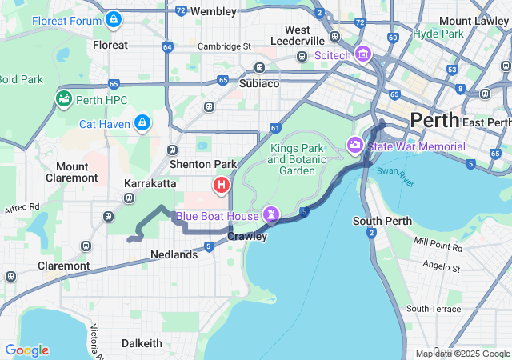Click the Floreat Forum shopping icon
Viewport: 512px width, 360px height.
point(114,18)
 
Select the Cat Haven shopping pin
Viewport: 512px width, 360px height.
point(142,122)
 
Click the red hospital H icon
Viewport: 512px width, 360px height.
point(221,186)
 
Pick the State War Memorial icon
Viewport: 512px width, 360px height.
point(354,146)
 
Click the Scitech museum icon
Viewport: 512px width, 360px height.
point(362,54)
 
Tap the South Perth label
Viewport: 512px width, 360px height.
point(382,221)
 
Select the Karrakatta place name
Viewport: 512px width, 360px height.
point(150,183)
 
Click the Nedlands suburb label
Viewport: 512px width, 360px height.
point(174,254)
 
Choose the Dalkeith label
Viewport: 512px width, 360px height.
point(142,343)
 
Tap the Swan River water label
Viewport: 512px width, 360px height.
point(398,176)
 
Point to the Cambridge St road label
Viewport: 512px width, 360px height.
point(224,46)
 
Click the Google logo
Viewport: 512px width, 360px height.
point(26,350)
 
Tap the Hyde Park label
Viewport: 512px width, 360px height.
point(438,34)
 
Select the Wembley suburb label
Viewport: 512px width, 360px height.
point(214,11)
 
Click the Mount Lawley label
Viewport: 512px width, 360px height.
point(478,21)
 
